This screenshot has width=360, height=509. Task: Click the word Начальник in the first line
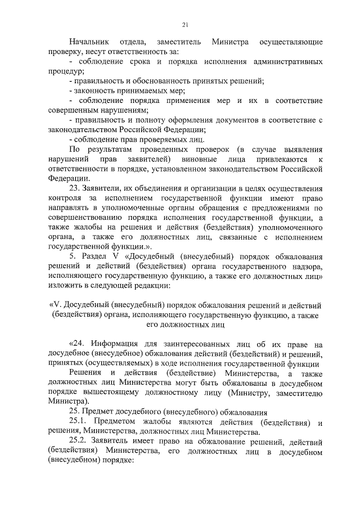point(88,43)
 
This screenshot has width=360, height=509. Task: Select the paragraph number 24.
point(78,343)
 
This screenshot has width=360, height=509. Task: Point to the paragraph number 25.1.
point(79,421)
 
